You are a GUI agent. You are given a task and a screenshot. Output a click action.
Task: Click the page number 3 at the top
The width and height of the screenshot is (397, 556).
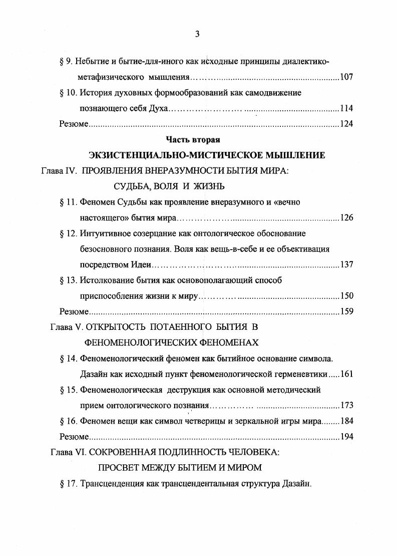(197, 34)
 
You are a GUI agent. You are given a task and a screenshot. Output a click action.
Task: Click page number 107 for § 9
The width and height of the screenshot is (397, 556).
(346, 78)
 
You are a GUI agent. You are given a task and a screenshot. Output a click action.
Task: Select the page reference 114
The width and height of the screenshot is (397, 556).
(346, 108)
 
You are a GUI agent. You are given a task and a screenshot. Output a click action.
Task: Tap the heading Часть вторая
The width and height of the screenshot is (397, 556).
(193, 140)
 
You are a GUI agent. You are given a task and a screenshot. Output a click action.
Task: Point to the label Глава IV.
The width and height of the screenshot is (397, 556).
(58, 170)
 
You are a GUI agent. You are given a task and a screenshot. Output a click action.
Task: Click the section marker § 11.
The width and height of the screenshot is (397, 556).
(67, 202)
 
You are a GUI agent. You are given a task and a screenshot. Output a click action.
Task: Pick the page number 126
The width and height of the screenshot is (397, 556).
(346, 218)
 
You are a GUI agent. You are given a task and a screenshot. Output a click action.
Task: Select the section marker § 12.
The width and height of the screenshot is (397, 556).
(67, 233)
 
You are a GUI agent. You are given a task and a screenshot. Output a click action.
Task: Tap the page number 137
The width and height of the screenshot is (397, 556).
(346, 265)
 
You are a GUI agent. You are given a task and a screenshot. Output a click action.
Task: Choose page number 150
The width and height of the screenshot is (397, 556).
(346, 296)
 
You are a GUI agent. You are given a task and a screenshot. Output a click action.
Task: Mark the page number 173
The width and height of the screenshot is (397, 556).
(346, 405)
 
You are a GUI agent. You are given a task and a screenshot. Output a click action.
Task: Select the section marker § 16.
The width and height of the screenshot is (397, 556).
(67, 421)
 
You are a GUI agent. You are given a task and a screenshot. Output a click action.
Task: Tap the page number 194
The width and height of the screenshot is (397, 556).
(346, 436)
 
